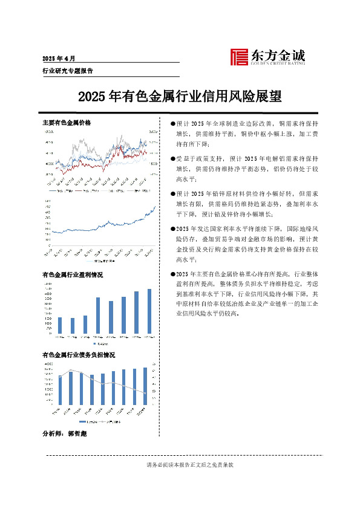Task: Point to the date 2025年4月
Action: (x=59, y=59)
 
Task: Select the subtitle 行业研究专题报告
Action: (x=67, y=71)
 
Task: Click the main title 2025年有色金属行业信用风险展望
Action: (x=180, y=96)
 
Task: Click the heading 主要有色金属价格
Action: (x=67, y=123)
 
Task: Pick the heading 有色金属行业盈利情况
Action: (x=73, y=275)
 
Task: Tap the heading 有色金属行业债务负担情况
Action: (x=79, y=355)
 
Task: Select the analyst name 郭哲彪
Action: (x=77, y=434)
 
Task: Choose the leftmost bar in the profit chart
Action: (x=59, y=325)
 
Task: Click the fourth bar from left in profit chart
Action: (x=97, y=315)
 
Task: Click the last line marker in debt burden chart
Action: (x=144, y=394)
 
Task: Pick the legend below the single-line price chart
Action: (x=100, y=261)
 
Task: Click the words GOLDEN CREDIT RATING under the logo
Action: (x=277, y=62)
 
